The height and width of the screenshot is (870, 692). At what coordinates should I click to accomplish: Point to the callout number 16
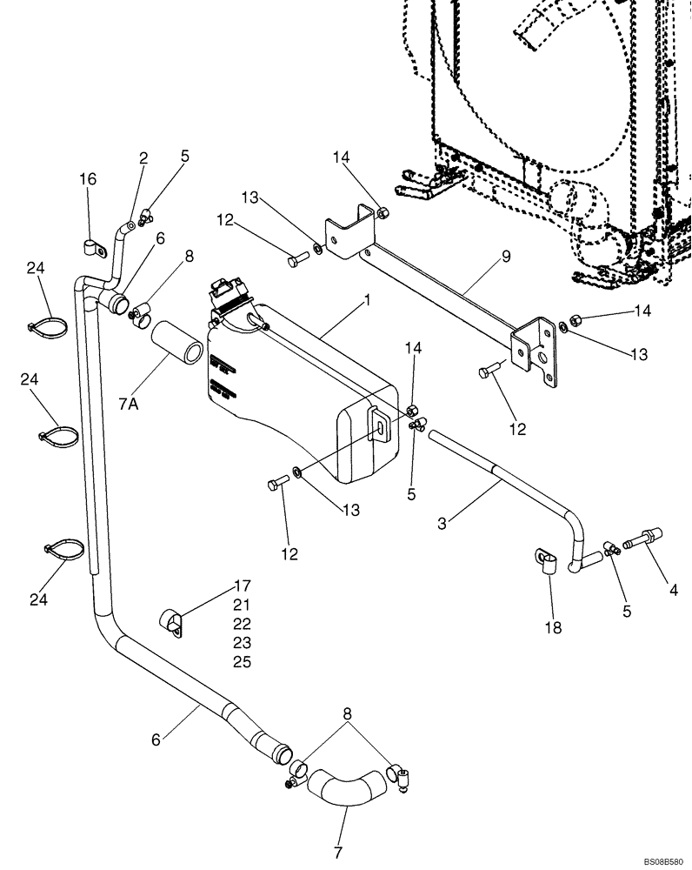click(88, 178)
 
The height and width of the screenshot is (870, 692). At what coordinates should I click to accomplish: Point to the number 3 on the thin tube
click(443, 523)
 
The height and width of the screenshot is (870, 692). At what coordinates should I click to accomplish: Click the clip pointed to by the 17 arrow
click(172, 622)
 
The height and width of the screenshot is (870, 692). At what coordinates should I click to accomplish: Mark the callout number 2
click(143, 158)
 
